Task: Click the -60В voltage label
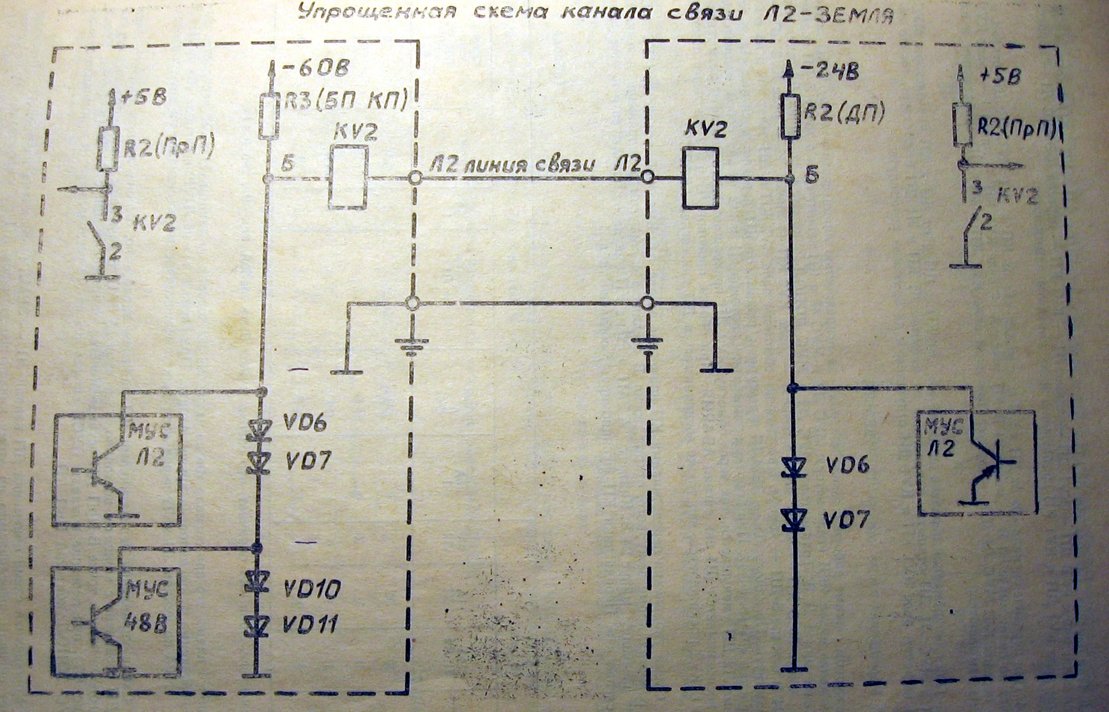[317, 69]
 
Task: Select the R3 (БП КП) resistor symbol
[269, 117]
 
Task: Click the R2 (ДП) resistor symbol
[791, 116]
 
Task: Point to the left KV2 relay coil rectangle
[348, 177]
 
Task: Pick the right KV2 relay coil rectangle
[700, 177]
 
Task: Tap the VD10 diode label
[312, 589]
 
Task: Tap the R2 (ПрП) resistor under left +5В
[107, 148]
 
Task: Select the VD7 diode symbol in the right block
[792, 520]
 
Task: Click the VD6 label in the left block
[305, 423]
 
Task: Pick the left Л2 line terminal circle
[415, 177]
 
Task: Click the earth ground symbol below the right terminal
[647, 344]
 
